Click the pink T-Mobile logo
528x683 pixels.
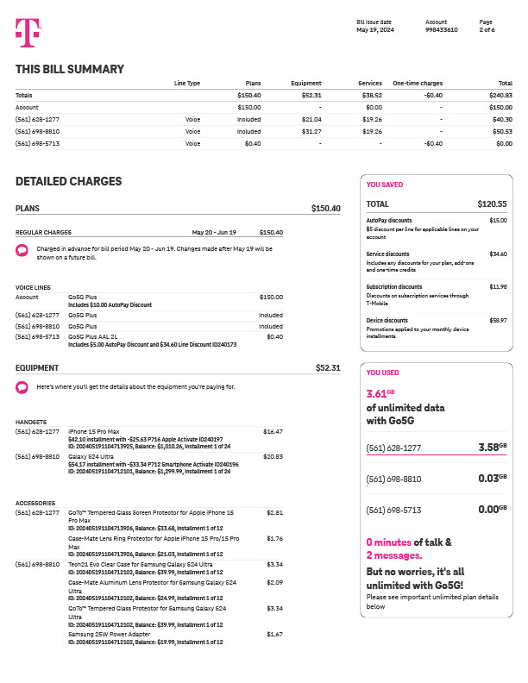point(27,33)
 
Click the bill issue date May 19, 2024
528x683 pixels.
point(374,30)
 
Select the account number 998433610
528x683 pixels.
point(442,30)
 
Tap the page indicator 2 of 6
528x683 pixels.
point(487,30)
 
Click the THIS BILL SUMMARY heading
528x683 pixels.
point(70,70)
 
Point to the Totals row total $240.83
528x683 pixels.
point(500,95)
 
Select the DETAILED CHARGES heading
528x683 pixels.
point(69,182)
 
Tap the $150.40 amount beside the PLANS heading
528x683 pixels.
point(325,209)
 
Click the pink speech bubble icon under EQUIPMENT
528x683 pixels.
point(22,387)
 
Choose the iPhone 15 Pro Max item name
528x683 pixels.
point(93,430)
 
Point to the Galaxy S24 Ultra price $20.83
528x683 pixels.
point(273,456)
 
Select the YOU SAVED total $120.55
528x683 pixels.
point(492,204)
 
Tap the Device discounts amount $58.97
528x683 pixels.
point(498,320)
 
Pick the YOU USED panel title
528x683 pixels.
point(383,373)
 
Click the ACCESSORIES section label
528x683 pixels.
point(35,503)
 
